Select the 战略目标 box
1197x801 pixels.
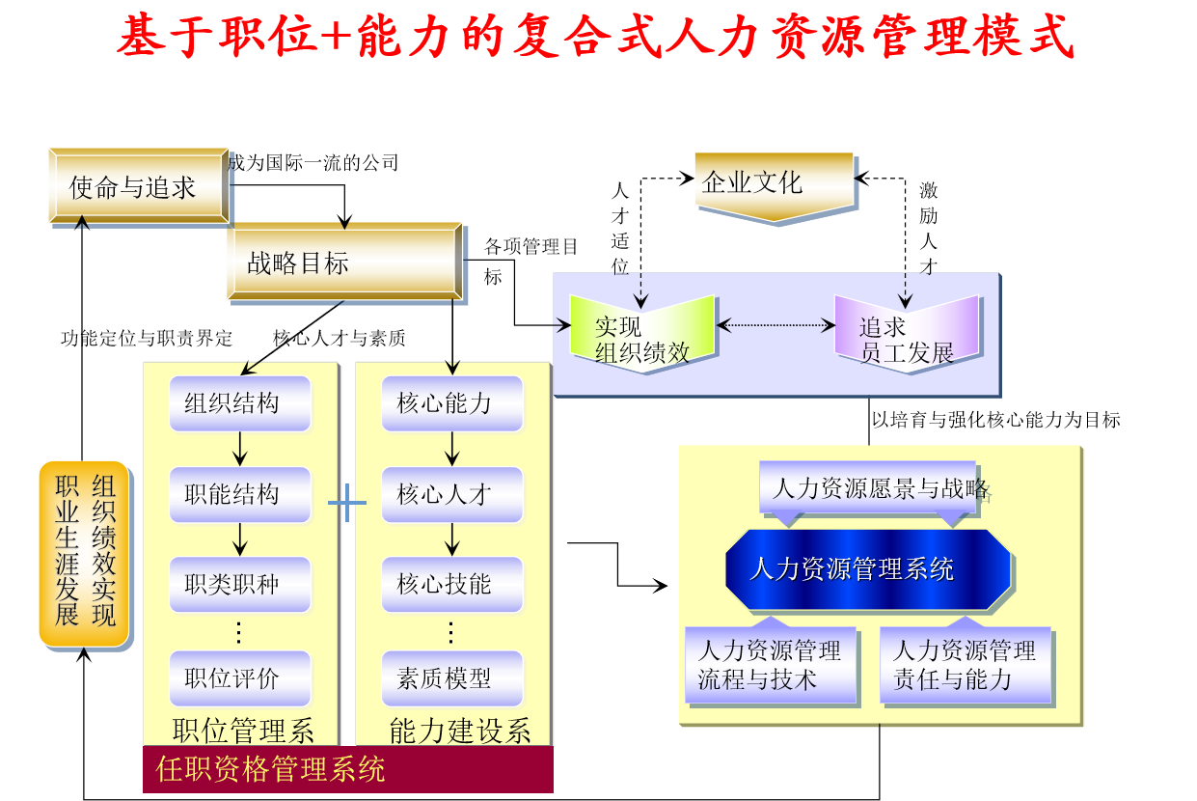coord(344,262)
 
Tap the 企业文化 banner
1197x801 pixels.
coord(774,183)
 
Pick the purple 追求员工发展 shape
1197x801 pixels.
coord(906,335)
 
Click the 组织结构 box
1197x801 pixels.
coord(240,403)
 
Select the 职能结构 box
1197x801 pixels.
coord(240,495)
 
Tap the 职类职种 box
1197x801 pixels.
coord(240,585)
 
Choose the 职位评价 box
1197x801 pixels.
coord(240,677)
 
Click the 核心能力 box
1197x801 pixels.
coord(452,403)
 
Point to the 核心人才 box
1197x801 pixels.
coord(452,495)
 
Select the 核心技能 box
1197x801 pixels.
coord(452,585)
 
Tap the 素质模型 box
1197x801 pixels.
coord(452,677)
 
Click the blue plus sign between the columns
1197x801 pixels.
coord(347,502)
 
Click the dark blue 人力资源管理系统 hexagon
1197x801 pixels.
coord(867,569)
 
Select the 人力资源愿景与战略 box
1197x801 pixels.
coord(868,487)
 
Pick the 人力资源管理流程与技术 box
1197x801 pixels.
coord(770,665)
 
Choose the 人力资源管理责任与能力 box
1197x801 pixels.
coord(965,665)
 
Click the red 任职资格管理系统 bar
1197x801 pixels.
coord(347,769)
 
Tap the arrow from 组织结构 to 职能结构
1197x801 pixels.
coord(240,449)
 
